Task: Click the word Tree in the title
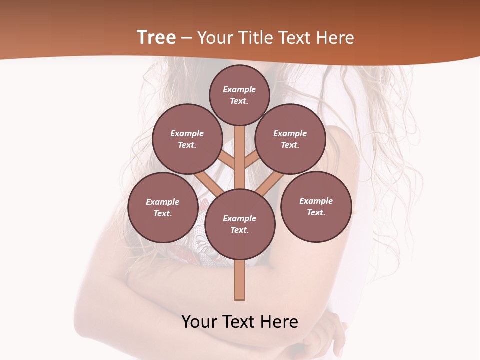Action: coord(156,37)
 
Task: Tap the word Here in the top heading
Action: coord(336,38)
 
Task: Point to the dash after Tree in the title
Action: coord(186,38)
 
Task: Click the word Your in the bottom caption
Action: coord(200,321)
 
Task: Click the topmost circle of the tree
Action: coord(239,95)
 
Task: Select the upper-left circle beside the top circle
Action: coord(187,139)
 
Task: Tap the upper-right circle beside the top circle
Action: coord(290,139)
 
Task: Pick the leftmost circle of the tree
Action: coord(162,207)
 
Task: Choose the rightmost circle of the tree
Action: coord(316,206)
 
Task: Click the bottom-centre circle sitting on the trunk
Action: coord(240,224)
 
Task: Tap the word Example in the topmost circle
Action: coord(239,89)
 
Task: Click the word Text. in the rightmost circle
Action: coord(316,212)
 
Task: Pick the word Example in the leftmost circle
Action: coord(162,202)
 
